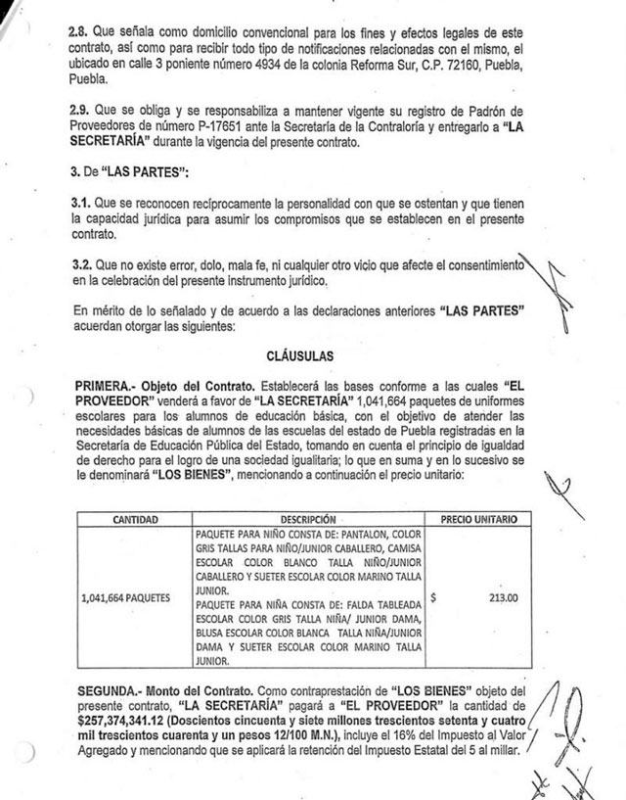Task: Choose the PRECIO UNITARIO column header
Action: point(479,518)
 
